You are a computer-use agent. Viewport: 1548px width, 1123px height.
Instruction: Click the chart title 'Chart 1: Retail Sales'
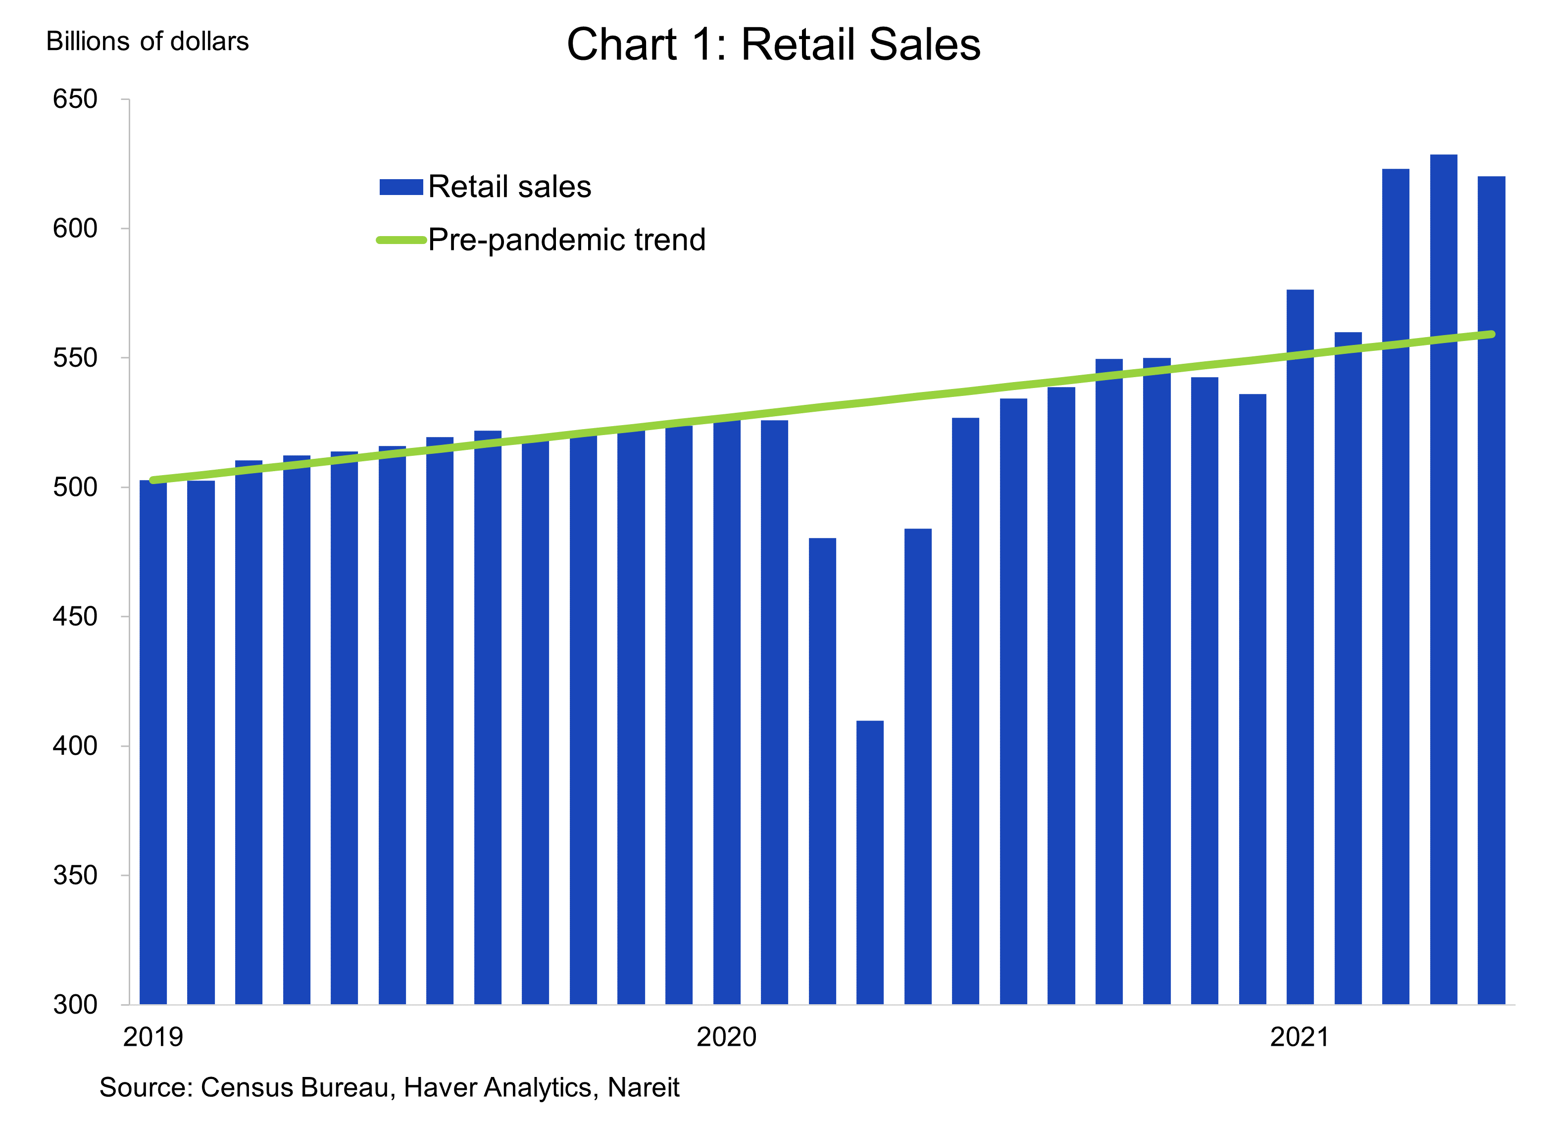click(x=773, y=45)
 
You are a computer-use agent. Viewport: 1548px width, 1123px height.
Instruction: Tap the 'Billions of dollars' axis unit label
click(x=148, y=42)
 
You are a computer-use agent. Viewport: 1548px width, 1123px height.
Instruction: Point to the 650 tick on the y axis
click(x=75, y=99)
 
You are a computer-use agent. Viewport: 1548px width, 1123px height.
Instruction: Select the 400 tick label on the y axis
click(x=75, y=746)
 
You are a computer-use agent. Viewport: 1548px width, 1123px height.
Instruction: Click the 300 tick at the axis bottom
click(x=75, y=1004)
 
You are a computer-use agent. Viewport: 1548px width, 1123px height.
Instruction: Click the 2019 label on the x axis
click(x=153, y=1037)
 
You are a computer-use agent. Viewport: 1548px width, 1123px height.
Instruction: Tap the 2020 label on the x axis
click(x=726, y=1037)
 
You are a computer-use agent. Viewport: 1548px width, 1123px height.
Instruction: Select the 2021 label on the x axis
click(x=1299, y=1037)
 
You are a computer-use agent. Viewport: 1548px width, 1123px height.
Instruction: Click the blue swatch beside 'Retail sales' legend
click(x=401, y=187)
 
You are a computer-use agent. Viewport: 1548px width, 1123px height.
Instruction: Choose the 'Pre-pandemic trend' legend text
click(x=566, y=240)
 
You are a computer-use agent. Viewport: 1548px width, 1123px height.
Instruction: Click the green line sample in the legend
click(x=401, y=240)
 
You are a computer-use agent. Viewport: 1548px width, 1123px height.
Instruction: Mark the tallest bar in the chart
click(x=1443, y=580)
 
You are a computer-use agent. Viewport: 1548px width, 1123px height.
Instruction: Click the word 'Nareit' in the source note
click(x=643, y=1087)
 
